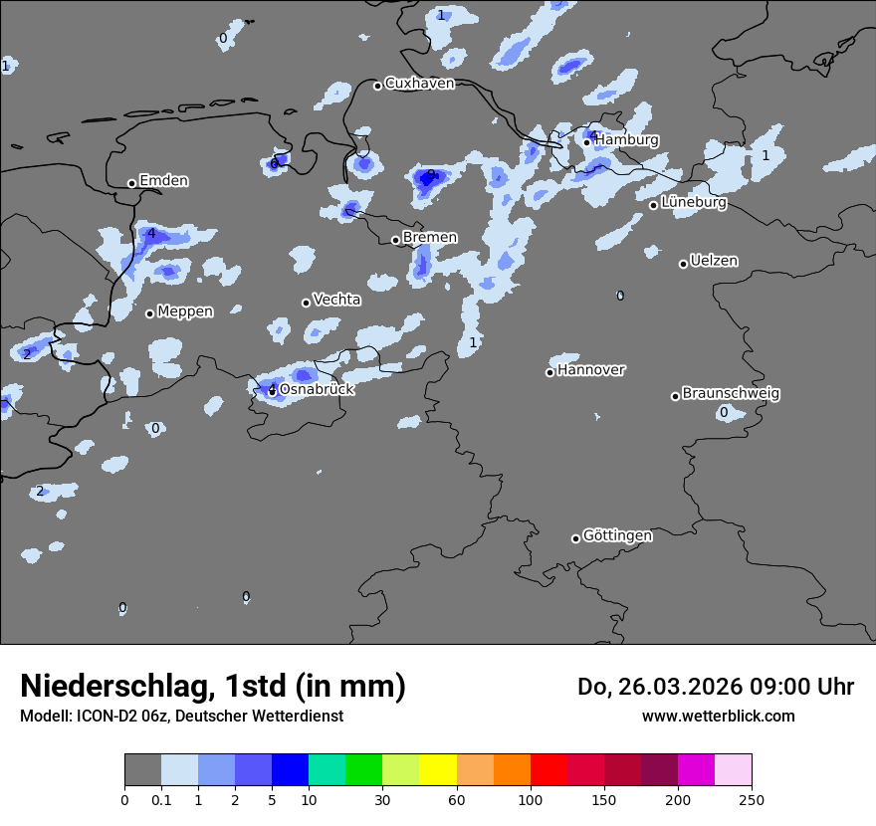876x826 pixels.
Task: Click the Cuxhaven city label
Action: coord(419,84)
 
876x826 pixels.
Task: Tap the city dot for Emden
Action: coord(131,183)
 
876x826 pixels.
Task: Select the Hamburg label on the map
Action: coord(626,140)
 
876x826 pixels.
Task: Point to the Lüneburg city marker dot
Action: coord(654,205)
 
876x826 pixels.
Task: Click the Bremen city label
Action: coord(430,238)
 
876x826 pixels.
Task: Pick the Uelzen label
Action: coord(714,261)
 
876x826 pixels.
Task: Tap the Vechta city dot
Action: coord(306,303)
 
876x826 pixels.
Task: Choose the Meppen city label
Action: coord(185,311)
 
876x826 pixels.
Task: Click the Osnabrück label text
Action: coord(317,389)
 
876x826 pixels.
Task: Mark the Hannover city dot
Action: coord(549,372)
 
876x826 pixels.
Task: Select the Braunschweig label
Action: coord(731,393)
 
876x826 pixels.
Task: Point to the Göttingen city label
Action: coord(617,535)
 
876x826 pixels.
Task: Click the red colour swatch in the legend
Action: coord(548,770)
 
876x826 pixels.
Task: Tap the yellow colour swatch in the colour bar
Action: coord(438,770)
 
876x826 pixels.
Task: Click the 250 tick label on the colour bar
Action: coord(752,799)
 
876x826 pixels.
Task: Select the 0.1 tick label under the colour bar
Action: coord(161,799)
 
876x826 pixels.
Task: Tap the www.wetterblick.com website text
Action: coord(718,716)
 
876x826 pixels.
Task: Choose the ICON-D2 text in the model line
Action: coord(104,716)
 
